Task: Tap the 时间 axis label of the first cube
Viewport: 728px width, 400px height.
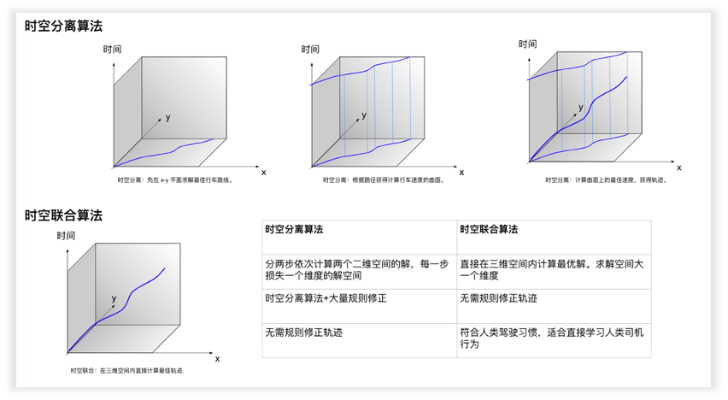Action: pos(112,50)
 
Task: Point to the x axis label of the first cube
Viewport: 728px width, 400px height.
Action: pos(263,172)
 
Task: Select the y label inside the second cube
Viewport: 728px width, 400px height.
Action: pos(365,114)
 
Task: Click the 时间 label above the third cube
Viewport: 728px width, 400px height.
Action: pos(527,44)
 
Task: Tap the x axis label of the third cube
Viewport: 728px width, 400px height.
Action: pos(679,167)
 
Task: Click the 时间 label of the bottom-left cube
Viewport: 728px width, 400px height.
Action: pos(66,236)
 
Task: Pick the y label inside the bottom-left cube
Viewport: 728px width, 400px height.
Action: pos(114,298)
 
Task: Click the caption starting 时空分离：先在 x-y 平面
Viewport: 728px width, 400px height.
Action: pos(175,180)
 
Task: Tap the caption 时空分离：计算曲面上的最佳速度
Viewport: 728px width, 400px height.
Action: pos(605,180)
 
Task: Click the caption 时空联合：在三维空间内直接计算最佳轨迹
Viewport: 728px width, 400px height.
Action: pos(127,370)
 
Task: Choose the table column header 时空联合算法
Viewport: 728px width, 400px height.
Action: pos(489,230)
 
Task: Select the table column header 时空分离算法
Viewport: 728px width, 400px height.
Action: pos(294,230)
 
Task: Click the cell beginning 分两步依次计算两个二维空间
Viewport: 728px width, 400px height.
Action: pos(356,270)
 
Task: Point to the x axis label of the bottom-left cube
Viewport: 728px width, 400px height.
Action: pos(217,358)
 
